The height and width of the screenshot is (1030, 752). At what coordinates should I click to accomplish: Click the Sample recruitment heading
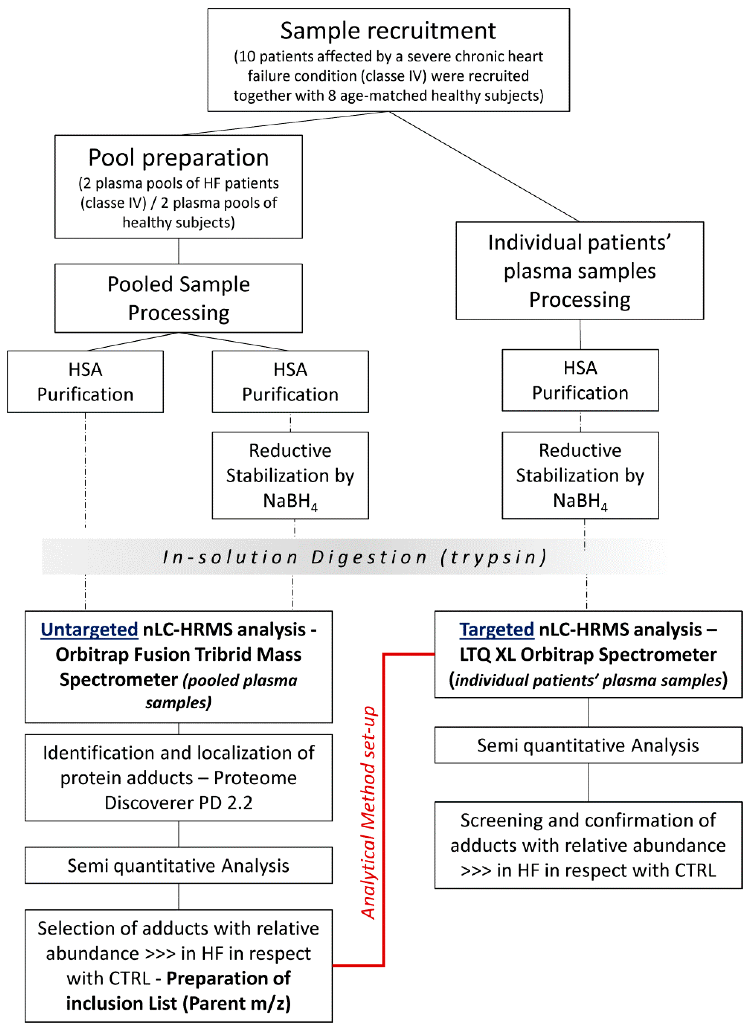pyautogui.click(x=388, y=31)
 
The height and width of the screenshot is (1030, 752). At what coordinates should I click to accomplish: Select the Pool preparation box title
pyautogui.click(x=178, y=158)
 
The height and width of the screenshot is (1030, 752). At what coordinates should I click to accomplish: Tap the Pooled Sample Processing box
pyautogui.click(x=178, y=298)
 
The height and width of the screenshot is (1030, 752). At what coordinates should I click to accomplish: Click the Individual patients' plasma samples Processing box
pyautogui.click(x=580, y=270)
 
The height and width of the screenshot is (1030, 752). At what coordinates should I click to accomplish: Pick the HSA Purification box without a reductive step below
pyautogui.click(x=85, y=381)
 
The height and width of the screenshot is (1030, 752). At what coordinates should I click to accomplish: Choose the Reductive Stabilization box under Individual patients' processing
pyautogui.click(x=580, y=475)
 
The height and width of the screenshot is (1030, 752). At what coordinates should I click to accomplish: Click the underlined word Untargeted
pyautogui.click(x=89, y=630)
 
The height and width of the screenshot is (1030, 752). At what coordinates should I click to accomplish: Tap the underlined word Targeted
pyautogui.click(x=497, y=630)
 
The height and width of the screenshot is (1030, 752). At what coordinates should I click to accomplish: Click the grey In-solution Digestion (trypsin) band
pyautogui.click(x=355, y=557)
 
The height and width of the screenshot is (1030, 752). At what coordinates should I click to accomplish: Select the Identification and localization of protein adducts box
pyautogui.click(x=178, y=777)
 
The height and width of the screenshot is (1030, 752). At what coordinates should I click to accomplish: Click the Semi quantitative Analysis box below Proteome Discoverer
pyautogui.click(x=178, y=865)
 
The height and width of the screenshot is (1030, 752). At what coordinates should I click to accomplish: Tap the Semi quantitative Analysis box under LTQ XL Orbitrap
pyautogui.click(x=588, y=745)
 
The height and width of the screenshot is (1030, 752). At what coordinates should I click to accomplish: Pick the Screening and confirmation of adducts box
pyautogui.click(x=588, y=845)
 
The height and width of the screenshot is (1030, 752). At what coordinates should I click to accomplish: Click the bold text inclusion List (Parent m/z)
pyautogui.click(x=178, y=1003)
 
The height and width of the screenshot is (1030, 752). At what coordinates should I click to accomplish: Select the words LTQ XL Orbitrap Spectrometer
pyautogui.click(x=588, y=654)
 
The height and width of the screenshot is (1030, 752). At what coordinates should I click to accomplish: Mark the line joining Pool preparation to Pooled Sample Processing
pyautogui.click(x=178, y=251)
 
